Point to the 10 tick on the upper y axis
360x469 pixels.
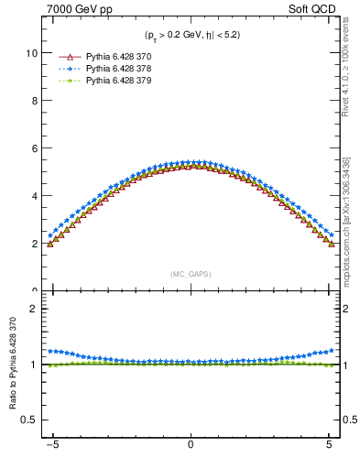coord(31,53)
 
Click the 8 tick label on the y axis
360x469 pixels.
coord(34,101)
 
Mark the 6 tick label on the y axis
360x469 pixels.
coord(34,148)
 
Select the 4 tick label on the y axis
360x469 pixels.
coord(34,196)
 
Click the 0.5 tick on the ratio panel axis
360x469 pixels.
coord(29,420)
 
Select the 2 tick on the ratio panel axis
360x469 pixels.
coord(34,309)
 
